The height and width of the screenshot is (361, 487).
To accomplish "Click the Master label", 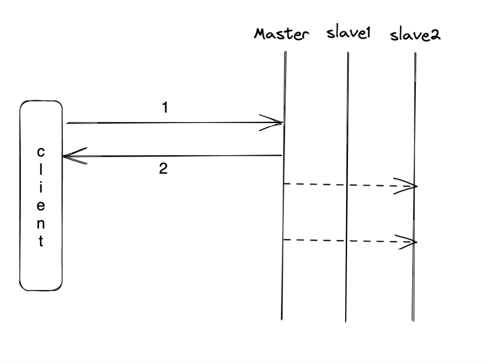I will click(x=281, y=34).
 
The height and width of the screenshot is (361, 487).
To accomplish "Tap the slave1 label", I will click(x=348, y=34).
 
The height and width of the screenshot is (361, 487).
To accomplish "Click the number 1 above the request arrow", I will click(x=165, y=108).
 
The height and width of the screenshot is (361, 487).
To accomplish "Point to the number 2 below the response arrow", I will click(x=164, y=169).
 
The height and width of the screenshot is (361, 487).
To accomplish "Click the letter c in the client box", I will click(x=40, y=152).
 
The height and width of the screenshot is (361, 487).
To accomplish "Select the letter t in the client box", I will click(x=40, y=242).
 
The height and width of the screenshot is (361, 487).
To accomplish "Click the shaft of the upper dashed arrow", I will click(x=338, y=184).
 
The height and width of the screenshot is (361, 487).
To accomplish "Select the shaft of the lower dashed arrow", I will click(x=338, y=241).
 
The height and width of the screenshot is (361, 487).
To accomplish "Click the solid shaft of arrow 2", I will click(x=178, y=156).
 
